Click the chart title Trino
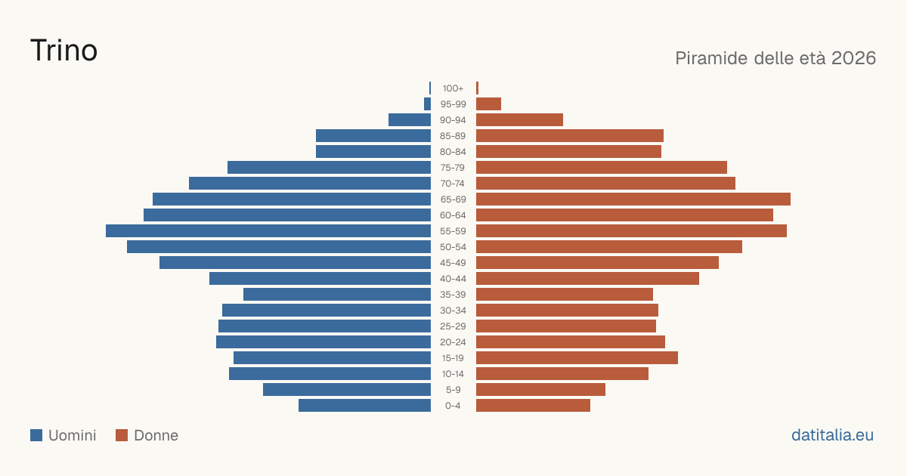click(64, 51)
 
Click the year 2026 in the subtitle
click(853, 58)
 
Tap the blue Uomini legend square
click(36, 435)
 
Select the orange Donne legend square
click(122, 435)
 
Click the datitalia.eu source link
click(832, 435)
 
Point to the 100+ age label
click(453, 88)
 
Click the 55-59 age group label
click(453, 231)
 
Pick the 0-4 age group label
click(453, 406)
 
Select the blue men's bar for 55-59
click(268, 231)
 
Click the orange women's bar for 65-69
click(633, 199)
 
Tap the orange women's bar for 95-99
click(489, 104)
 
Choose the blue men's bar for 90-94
click(410, 120)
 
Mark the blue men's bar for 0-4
click(365, 406)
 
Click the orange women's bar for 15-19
click(577, 358)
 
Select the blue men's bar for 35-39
click(337, 294)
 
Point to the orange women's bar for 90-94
click(519, 120)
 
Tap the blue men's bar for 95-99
click(428, 104)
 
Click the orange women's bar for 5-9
click(541, 390)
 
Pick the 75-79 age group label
click(453, 168)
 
